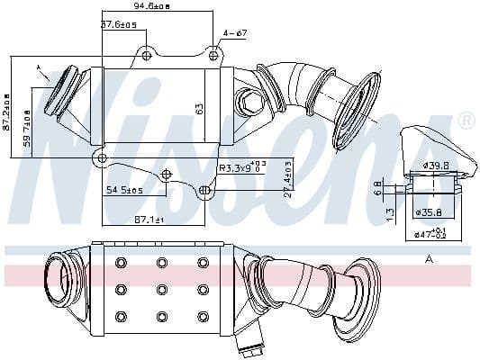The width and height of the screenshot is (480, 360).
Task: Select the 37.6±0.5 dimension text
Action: point(119,24)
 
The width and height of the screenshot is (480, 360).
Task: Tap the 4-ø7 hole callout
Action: point(235,33)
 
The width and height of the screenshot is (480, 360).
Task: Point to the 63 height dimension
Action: point(200,108)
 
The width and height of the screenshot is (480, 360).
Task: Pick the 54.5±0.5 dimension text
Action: point(124,191)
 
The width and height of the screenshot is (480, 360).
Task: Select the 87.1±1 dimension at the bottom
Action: point(149,220)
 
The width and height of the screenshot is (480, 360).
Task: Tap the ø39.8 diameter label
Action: point(437,166)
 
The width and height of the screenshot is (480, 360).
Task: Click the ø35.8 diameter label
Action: point(430,213)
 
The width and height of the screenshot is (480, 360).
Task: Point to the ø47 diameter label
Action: point(430,234)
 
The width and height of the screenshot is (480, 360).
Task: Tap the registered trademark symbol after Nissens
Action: point(466,119)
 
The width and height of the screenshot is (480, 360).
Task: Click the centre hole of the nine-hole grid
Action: point(162,289)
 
